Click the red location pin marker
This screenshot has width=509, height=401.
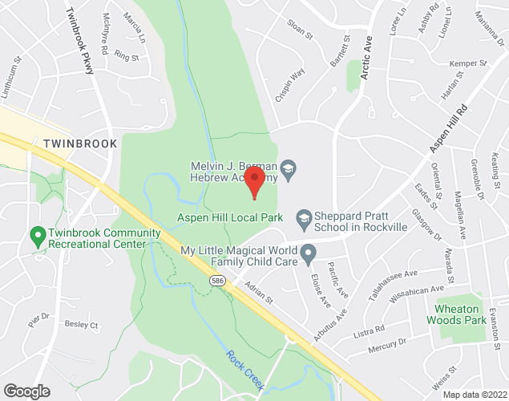[x=255, y=182]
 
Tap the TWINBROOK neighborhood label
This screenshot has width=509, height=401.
[x=75, y=144]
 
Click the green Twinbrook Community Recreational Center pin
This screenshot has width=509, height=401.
[x=36, y=237]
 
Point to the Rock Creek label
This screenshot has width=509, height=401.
[x=244, y=370]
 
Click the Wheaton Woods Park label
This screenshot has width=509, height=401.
[x=461, y=314]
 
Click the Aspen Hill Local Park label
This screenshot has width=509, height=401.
[x=232, y=217]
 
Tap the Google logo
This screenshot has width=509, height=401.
[x=26, y=391]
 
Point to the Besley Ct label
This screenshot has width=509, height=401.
[x=81, y=326]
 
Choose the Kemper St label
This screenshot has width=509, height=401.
[x=469, y=63]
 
